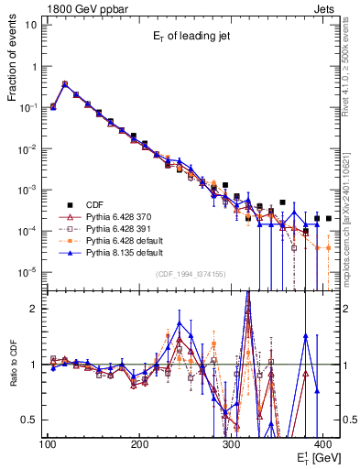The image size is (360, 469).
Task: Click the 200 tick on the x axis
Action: tap(139, 444)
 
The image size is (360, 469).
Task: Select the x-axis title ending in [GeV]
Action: tap(316, 457)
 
